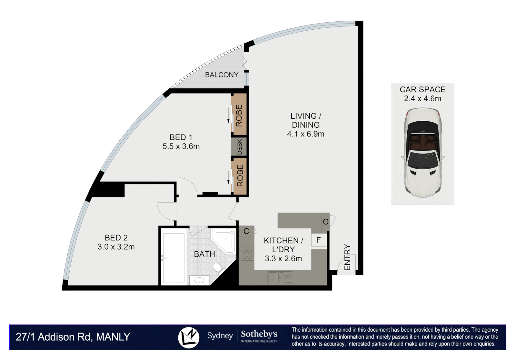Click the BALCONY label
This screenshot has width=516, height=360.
(x=222, y=75)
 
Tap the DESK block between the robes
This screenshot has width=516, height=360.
(x=239, y=147)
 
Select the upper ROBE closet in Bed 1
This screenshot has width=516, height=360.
(x=239, y=115)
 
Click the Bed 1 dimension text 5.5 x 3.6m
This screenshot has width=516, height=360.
(x=181, y=146)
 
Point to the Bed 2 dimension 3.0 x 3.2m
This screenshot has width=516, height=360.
(x=116, y=247)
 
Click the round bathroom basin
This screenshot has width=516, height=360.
(x=199, y=280)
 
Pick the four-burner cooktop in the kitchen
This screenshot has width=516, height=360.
(x=247, y=253)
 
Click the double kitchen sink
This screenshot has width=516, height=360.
(x=280, y=277)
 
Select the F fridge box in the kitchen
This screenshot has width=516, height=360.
(x=319, y=240)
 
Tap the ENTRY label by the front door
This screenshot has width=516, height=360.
(x=347, y=257)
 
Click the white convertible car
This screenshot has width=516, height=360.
(x=423, y=153)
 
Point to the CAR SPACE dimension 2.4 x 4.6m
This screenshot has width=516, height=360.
(x=423, y=99)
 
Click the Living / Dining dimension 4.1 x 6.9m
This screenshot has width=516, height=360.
(x=306, y=134)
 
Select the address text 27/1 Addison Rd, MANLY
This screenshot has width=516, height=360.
(x=73, y=337)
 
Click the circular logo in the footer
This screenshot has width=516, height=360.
(x=189, y=337)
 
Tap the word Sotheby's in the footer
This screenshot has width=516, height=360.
(x=259, y=334)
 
